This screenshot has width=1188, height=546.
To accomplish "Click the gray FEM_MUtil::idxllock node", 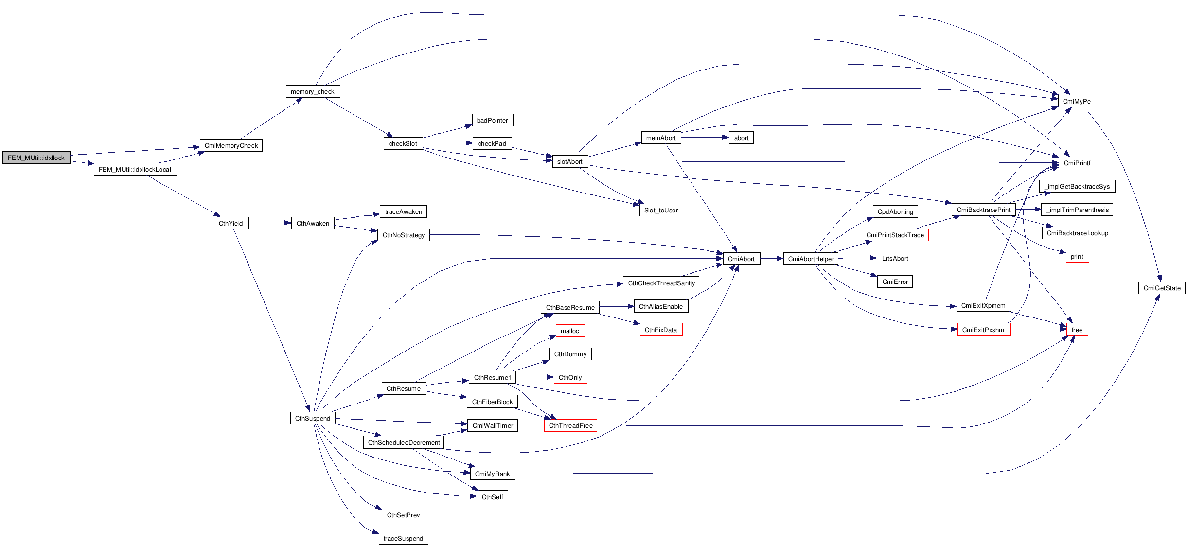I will pyautogui.click(x=36, y=158).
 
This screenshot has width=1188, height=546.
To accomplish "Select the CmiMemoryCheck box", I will pyautogui.click(x=231, y=145).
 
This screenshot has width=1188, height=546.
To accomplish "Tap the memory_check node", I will pyautogui.click(x=312, y=91).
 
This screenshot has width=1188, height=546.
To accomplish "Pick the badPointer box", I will pyautogui.click(x=492, y=120).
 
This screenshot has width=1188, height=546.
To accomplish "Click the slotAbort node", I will pyautogui.click(x=569, y=161).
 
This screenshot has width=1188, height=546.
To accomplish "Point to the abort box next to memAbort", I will pyautogui.click(x=741, y=138).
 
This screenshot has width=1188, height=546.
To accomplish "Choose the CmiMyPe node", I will pyautogui.click(x=1077, y=101).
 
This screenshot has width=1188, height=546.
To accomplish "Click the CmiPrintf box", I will pyautogui.click(x=1077, y=163).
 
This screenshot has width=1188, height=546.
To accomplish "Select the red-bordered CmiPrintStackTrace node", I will pyautogui.click(x=895, y=235).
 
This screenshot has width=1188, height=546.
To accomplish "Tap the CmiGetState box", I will pyautogui.click(x=1161, y=288).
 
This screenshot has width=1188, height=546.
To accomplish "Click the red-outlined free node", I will pyautogui.click(x=1077, y=330).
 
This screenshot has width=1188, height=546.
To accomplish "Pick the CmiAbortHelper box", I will pyautogui.click(x=811, y=259).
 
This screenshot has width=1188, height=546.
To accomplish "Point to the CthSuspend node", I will pyautogui.click(x=312, y=418).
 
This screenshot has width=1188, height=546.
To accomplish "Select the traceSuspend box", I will pyautogui.click(x=403, y=538).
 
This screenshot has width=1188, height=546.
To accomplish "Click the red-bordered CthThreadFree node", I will pyautogui.click(x=570, y=425).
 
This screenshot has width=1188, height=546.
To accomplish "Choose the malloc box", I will pyautogui.click(x=569, y=331).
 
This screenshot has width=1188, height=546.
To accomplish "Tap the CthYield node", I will pyautogui.click(x=231, y=223).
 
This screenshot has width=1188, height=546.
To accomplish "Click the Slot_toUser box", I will pyautogui.click(x=660, y=210).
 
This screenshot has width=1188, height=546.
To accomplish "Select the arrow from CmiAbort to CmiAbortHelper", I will pyautogui.click(x=772, y=259).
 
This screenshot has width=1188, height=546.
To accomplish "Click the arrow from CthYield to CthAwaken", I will pyautogui.click(x=270, y=223).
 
